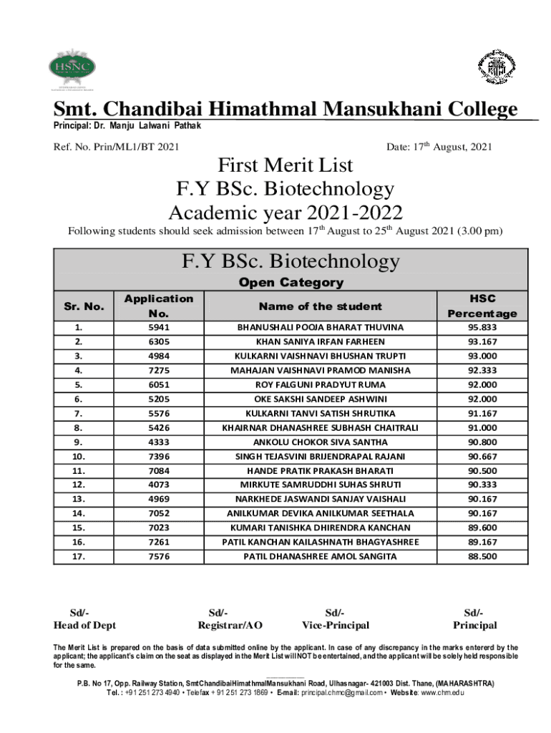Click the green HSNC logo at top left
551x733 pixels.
(x=72, y=69)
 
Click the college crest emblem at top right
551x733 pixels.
(x=496, y=68)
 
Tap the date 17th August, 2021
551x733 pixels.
(x=439, y=147)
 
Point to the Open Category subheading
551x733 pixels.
(x=291, y=283)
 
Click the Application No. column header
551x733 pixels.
(x=159, y=306)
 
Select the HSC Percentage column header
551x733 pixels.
(x=482, y=306)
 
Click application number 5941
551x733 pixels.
(x=159, y=327)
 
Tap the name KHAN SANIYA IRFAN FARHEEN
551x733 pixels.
(x=320, y=341)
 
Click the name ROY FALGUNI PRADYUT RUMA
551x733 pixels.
(x=320, y=384)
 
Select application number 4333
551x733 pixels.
(x=159, y=442)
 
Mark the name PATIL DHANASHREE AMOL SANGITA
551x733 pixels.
(x=320, y=556)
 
